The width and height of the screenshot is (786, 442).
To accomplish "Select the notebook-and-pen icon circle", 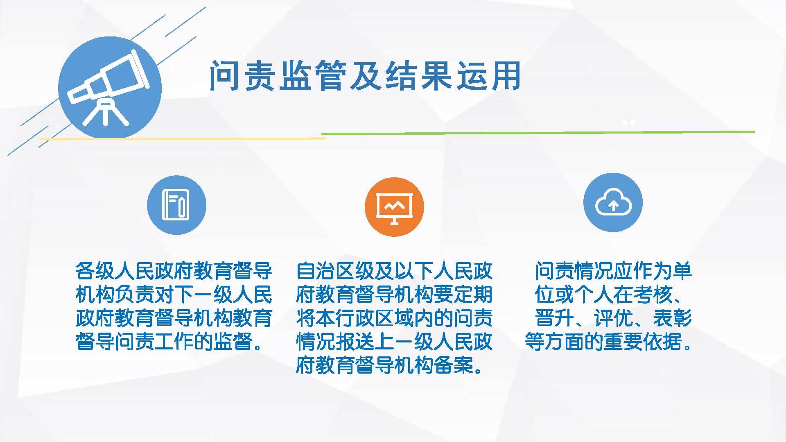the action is (x=176, y=205).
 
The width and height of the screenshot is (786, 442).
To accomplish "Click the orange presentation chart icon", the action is (x=394, y=207).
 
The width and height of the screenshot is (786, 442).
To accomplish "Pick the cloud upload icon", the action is (x=613, y=202).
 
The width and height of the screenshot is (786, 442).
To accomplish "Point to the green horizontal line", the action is (x=538, y=132).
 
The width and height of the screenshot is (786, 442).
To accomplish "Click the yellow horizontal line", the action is (x=183, y=139).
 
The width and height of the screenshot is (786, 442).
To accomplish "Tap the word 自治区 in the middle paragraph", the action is (x=326, y=271).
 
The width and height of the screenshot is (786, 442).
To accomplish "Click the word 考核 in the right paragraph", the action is (x=653, y=295).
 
